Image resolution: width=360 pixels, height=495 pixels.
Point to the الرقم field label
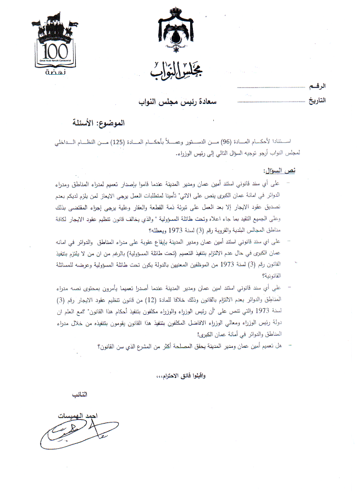317,87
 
